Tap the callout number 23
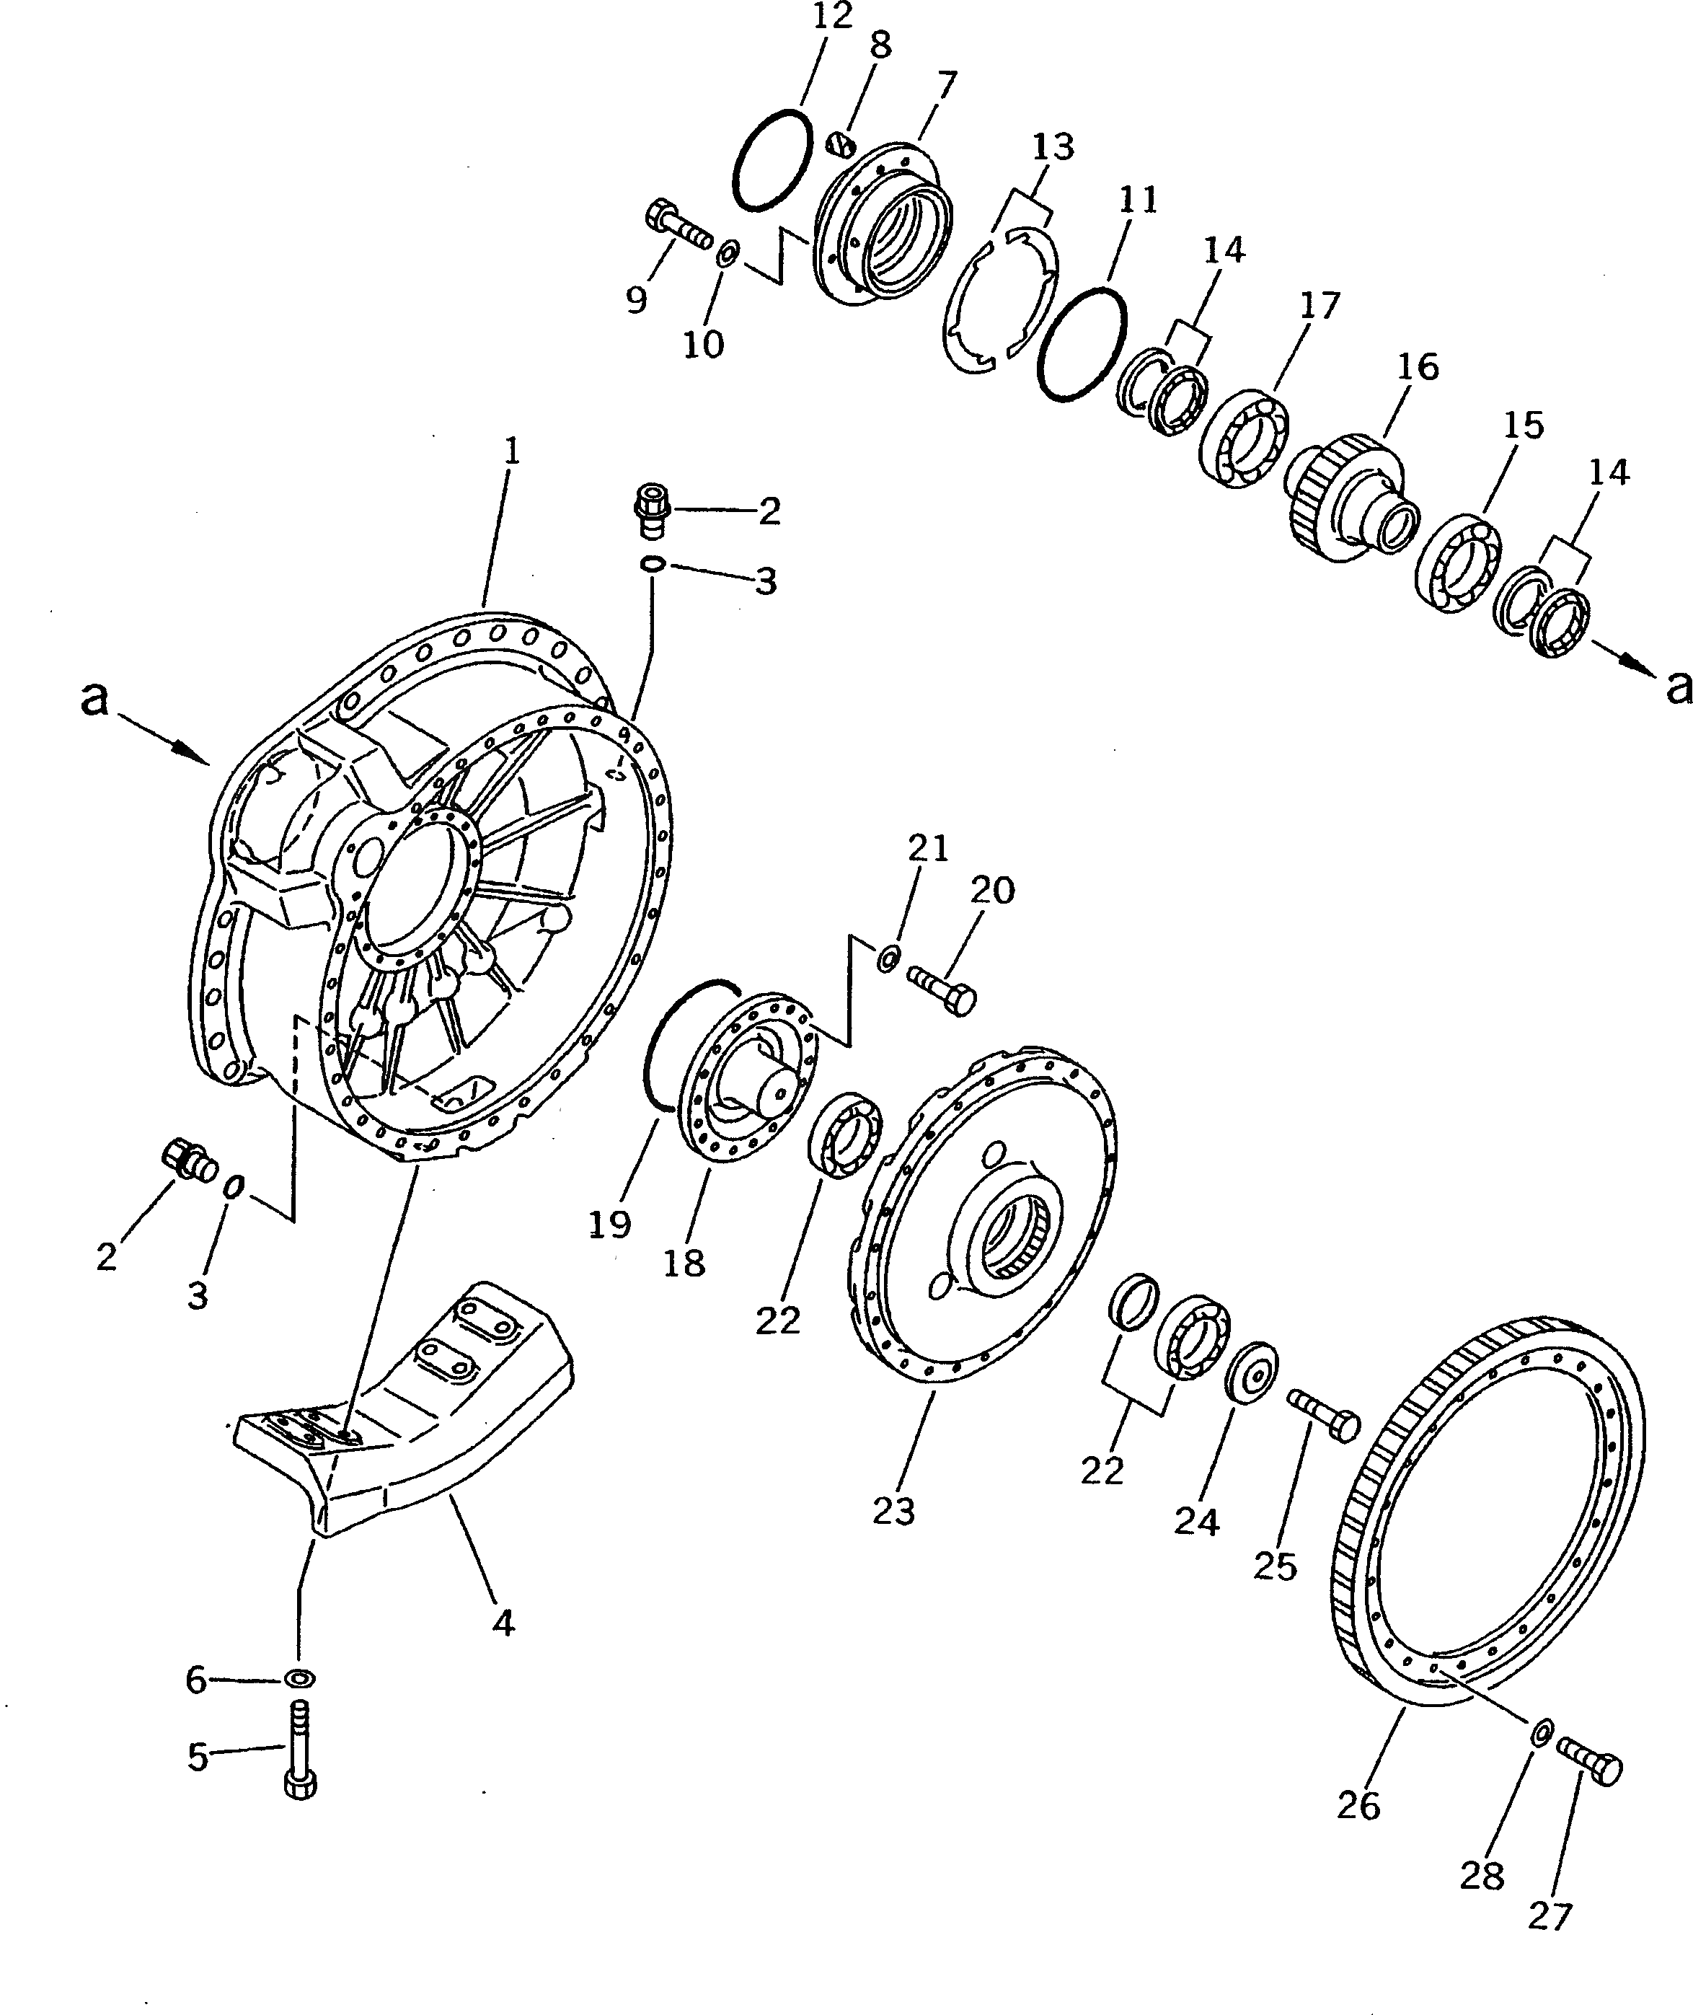pos(893,1512)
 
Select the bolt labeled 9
pos(678,223)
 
